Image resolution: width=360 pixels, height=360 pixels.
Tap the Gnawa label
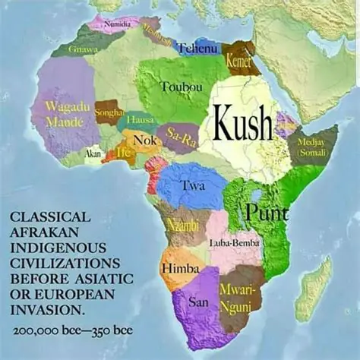(x=83, y=49)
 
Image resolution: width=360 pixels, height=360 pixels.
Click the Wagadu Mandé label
(x=64, y=114)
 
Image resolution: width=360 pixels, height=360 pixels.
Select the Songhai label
(x=109, y=112)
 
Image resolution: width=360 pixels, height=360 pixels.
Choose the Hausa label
(x=140, y=120)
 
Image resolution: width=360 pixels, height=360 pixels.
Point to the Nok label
(x=144, y=140)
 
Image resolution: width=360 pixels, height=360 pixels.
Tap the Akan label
(x=93, y=153)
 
